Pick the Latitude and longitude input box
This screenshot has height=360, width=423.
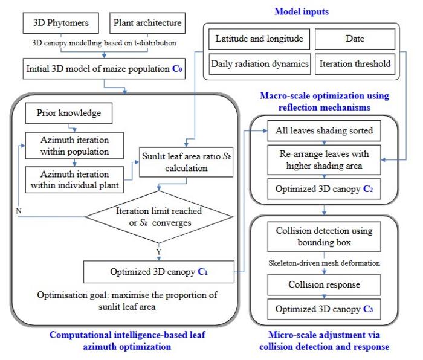click(259, 39)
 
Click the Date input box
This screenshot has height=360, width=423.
click(355, 39)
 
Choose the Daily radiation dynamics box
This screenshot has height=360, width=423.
click(259, 63)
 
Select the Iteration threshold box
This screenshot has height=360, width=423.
click(355, 63)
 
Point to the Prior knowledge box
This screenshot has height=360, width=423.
click(69, 113)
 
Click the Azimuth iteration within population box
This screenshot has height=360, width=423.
click(74, 144)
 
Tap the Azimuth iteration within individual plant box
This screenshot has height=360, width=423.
click(74, 177)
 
